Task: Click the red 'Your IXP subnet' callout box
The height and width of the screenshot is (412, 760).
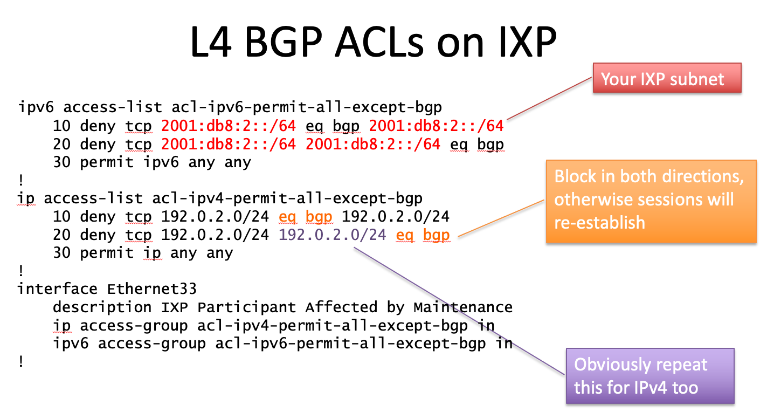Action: pos(667,79)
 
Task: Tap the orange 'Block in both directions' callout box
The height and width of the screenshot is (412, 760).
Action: pos(651,201)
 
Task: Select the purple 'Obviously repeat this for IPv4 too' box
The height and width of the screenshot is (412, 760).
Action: pos(650,376)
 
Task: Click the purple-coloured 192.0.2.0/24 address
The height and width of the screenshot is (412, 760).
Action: pos(333,235)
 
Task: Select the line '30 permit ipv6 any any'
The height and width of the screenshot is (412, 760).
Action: pos(152,162)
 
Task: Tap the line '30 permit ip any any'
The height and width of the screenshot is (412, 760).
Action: pos(143,253)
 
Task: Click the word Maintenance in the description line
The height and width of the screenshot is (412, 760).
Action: pos(463,307)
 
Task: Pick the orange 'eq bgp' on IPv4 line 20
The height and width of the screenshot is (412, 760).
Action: pos(423,235)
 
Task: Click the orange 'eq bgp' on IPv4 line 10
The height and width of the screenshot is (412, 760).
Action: pos(306,217)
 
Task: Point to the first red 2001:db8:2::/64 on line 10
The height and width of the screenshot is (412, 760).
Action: pos(229,126)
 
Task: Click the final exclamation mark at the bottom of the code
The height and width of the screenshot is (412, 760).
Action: pos(21,362)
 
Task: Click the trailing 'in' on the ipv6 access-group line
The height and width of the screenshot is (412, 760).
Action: pos(503,344)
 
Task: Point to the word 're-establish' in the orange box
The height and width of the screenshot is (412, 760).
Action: pos(599,222)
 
